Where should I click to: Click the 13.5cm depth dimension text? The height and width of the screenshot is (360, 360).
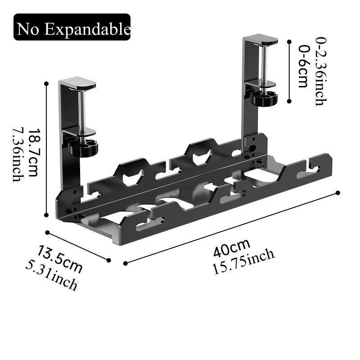[60, 259]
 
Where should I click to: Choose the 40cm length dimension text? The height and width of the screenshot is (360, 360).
[232, 248]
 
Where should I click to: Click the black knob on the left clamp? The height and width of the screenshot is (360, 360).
[83, 147]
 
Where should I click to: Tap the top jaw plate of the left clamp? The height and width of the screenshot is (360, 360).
[77, 84]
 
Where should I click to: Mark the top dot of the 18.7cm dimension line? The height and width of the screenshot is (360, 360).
[46, 83]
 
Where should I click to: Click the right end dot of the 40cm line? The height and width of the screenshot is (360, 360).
[337, 193]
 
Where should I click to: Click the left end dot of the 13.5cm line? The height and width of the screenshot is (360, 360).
[47, 232]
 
